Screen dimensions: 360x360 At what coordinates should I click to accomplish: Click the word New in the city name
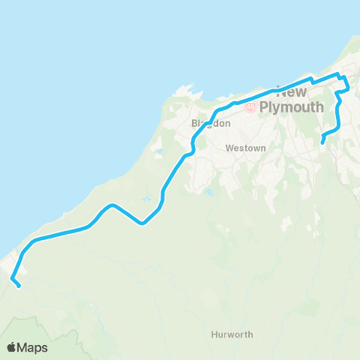[x=292, y=92]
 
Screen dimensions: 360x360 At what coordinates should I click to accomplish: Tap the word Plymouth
[x=292, y=106]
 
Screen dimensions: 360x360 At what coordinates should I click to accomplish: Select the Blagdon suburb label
[x=205, y=123]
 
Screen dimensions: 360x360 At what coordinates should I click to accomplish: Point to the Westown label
[x=245, y=148]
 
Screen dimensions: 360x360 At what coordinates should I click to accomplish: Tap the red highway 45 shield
[x=250, y=106]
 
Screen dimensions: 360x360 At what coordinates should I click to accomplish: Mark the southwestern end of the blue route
[x=18, y=285]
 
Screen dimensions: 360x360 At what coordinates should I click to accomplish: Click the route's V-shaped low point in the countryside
[x=142, y=223]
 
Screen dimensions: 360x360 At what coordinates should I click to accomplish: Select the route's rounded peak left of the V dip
[x=111, y=205]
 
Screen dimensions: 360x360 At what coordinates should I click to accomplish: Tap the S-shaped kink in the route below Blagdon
[x=192, y=150]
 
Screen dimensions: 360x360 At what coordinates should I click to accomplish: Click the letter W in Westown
[x=229, y=148]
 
